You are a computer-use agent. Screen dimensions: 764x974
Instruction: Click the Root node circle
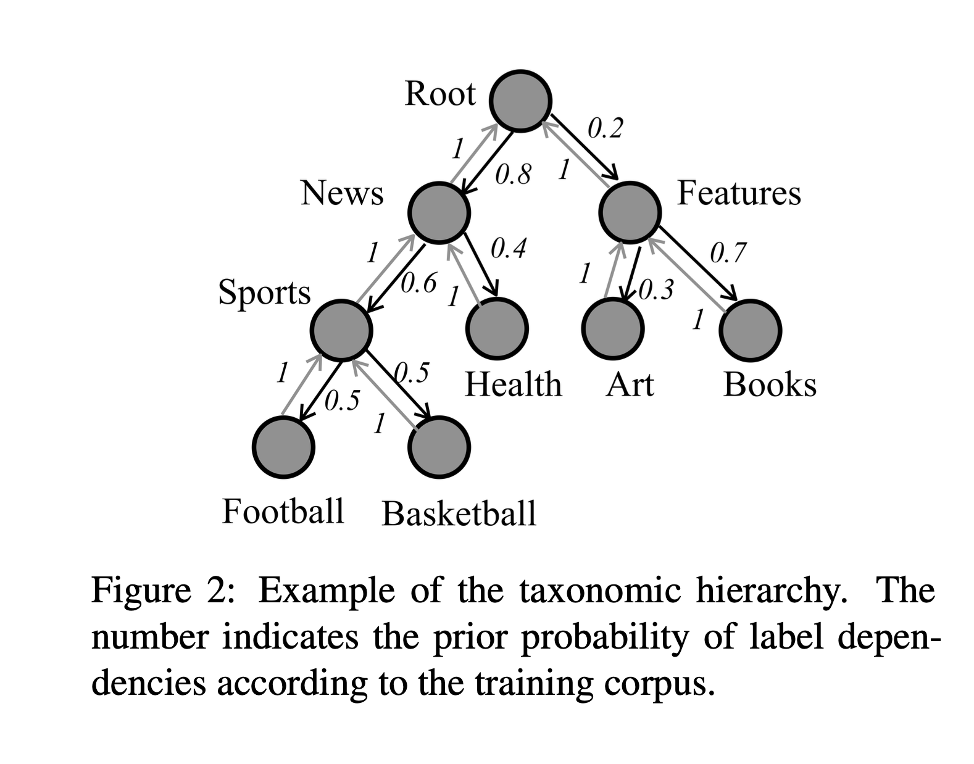click(x=520, y=101)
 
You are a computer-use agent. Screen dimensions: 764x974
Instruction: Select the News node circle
click(x=439, y=212)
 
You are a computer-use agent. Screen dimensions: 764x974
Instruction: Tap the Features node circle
click(x=630, y=212)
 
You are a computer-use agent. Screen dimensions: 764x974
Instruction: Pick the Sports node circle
click(x=341, y=330)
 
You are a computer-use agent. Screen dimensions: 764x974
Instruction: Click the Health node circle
click(x=497, y=329)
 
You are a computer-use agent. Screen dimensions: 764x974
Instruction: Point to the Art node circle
click(x=613, y=329)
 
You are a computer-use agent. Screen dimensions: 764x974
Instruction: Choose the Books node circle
click(x=750, y=330)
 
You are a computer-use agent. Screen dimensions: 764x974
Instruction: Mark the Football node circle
click(x=284, y=447)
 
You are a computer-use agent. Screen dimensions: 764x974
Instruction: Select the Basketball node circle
click(x=439, y=447)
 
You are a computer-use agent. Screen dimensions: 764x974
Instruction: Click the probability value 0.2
click(x=605, y=128)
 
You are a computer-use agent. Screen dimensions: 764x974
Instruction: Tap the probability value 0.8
click(x=513, y=175)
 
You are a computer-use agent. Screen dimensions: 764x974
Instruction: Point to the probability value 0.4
click(x=508, y=249)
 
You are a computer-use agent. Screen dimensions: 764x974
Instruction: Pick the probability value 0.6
click(x=418, y=283)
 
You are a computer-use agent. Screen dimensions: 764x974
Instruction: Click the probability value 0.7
click(x=728, y=252)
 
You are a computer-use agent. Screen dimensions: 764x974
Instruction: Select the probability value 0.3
click(x=656, y=289)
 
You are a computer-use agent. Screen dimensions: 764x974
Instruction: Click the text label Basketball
click(x=459, y=513)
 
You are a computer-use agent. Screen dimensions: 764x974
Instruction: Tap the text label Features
click(x=739, y=193)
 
